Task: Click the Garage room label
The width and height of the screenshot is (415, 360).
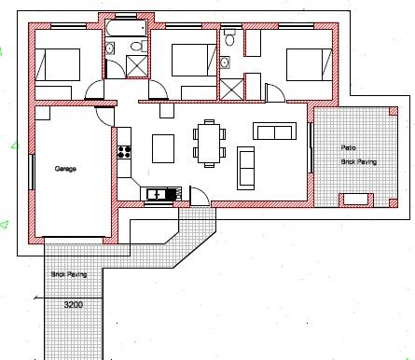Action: click(x=65, y=169)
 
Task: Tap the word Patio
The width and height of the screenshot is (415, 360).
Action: click(x=348, y=147)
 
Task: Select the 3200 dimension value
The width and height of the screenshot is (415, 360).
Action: click(x=74, y=305)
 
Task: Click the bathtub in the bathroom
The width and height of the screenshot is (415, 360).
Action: click(x=126, y=28)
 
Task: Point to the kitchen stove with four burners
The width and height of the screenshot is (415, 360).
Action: click(x=124, y=152)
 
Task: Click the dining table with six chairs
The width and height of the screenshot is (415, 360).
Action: click(x=209, y=144)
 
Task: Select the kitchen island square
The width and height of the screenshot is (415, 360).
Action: click(x=163, y=148)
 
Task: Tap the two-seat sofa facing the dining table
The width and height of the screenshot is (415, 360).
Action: click(x=246, y=168)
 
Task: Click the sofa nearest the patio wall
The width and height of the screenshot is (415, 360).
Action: click(x=274, y=131)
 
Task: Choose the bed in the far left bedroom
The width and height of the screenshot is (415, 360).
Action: click(x=58, y=64)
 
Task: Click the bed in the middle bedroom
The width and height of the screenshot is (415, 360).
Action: click(x=194, y=60)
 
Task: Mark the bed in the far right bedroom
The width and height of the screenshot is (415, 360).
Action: click(x=309, y=64)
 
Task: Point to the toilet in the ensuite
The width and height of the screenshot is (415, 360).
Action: click(x=229, y=37)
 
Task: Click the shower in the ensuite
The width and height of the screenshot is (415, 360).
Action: click(x=231, y=90)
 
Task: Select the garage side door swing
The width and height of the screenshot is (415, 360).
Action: click(x=104, y=117)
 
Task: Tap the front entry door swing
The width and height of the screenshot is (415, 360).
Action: click(x=200, y=196)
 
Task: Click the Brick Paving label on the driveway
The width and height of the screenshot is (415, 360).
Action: click(x=69, y=274)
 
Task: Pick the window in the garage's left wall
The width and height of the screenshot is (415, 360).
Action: click(x=32, y=172)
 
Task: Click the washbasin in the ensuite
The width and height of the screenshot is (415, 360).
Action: click(x=225, y=62)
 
